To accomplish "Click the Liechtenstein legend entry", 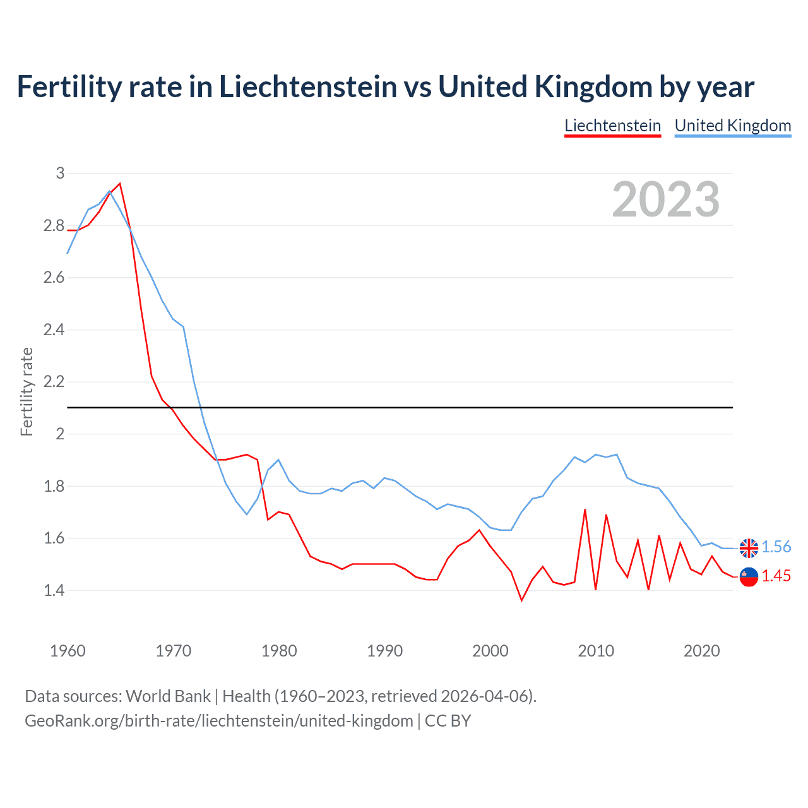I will (x=612, y=126).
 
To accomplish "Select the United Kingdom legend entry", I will (x=732, y=126).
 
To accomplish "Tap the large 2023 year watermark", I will (x=666, y=199).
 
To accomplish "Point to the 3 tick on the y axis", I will (x=61, y=173).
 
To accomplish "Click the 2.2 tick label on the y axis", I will (x=54, y=382).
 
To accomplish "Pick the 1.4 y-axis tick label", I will (x=54, y=591).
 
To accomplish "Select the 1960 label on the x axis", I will (x=68, y=651).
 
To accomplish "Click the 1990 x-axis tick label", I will (x=384, y=651).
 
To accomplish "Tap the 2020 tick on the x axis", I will (x=701, y=651).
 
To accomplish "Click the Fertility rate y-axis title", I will (x=27, y=391).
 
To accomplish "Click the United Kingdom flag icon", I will (x=749, y=548).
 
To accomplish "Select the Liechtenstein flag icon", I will (x=749, y=577).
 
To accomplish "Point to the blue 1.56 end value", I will (x=776, y=547).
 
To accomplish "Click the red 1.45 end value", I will (x=776, y=576).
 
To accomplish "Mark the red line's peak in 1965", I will (x=120, y=184).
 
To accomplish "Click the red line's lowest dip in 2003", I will (x=521, y=600).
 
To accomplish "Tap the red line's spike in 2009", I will (x=585, y=509).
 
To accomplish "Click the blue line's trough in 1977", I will (x=247, y=514).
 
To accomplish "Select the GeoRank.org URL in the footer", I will (x=218, y=721).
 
